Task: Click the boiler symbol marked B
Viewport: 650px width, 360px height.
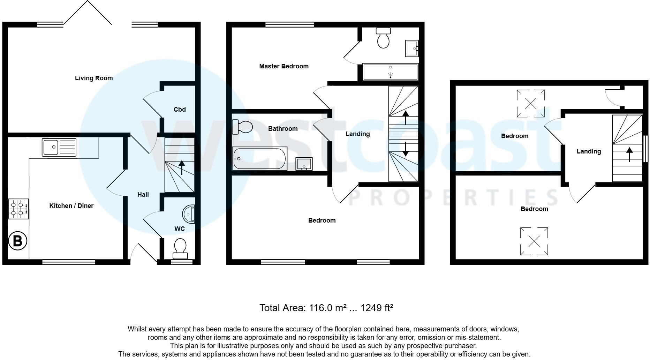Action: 17,241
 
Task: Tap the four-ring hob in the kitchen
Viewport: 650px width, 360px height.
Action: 18,209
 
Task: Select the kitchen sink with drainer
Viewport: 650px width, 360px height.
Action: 59,147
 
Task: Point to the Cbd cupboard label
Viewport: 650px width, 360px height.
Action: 180,110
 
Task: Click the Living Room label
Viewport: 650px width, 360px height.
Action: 94,78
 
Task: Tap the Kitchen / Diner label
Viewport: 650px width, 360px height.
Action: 71,206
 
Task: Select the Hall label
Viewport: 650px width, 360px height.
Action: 143,195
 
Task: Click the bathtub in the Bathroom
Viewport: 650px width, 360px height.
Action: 260,159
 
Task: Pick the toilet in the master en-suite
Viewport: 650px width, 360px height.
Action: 383,38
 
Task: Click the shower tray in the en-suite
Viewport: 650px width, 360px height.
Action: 391,72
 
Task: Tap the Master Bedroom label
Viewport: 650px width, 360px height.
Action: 284,66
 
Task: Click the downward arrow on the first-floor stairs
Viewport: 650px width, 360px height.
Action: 406,149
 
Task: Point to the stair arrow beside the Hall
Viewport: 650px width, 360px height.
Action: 181,167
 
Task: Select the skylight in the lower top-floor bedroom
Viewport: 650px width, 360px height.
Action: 534,241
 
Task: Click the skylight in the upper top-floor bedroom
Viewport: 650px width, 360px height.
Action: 530,103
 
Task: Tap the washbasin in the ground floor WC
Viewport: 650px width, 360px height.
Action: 189,214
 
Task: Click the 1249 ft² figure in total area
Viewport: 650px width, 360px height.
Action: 377,308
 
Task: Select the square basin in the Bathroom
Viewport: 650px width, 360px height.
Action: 304,164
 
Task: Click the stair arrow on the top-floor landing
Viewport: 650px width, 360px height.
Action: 629,155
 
